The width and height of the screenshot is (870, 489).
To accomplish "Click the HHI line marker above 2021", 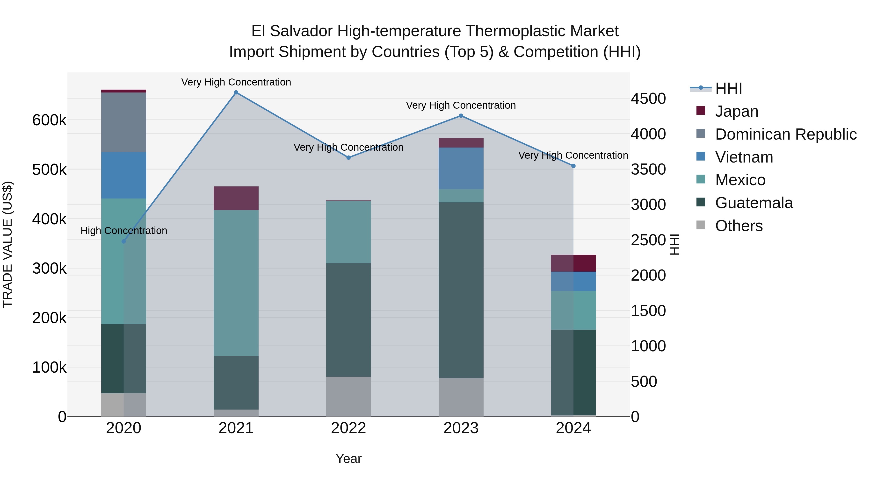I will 236,92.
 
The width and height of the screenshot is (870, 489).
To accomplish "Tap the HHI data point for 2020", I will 123,241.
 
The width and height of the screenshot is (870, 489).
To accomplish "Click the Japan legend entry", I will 737,111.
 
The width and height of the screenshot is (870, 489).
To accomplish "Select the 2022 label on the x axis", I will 348,428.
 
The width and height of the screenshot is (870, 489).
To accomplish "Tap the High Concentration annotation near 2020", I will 123,231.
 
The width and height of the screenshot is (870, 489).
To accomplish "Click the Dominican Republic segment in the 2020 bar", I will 123,122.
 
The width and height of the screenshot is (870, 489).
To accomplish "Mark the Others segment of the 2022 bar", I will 348,396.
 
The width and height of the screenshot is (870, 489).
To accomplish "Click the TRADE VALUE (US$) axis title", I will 7,244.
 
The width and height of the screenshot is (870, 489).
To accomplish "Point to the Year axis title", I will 348,459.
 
